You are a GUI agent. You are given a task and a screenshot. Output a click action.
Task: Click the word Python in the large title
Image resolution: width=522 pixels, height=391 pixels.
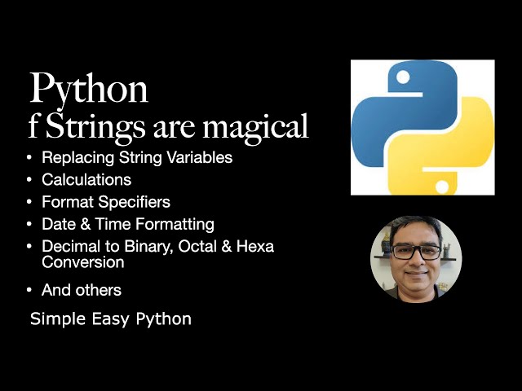coord(89,88)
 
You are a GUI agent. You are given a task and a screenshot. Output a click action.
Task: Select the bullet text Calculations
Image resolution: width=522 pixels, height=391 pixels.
coord(86,179)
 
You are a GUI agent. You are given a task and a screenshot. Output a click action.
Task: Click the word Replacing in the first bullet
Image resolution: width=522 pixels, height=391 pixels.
coord(71,158)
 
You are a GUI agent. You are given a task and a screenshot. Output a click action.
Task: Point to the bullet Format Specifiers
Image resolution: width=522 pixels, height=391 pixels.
coord(106,201)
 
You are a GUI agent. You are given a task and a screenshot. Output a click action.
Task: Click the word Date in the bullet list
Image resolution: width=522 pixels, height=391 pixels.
coord(57,223)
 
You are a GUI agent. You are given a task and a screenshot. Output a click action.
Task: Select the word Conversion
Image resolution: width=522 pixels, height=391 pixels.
coord(83,262)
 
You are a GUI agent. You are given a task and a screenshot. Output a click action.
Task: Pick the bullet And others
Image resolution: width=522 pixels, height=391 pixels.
coord(82,290)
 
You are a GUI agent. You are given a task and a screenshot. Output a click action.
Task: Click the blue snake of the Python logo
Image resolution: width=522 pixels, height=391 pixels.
coord(387,114)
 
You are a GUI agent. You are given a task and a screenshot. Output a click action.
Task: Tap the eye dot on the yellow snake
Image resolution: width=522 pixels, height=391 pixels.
coord(442,187)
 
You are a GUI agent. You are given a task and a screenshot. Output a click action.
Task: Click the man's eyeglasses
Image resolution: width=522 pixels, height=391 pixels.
coord(416,252)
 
